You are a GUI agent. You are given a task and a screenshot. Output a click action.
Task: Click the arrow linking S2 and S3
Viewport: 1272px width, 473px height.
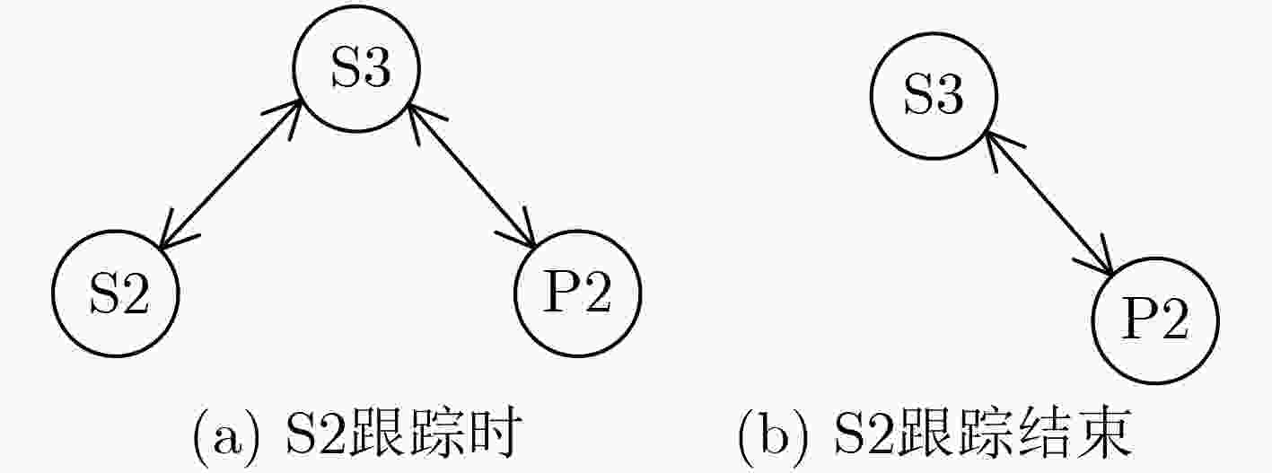coord(230,175)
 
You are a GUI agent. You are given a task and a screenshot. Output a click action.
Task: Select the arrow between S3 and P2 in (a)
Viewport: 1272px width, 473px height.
coord(472,176)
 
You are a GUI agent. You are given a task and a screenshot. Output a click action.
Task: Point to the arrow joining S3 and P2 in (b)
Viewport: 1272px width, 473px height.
coord(1049,203)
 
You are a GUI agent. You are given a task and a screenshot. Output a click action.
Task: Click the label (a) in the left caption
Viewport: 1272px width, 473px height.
coord(226,439)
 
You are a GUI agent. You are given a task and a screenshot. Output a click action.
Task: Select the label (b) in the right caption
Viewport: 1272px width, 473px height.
coord(774,439)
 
